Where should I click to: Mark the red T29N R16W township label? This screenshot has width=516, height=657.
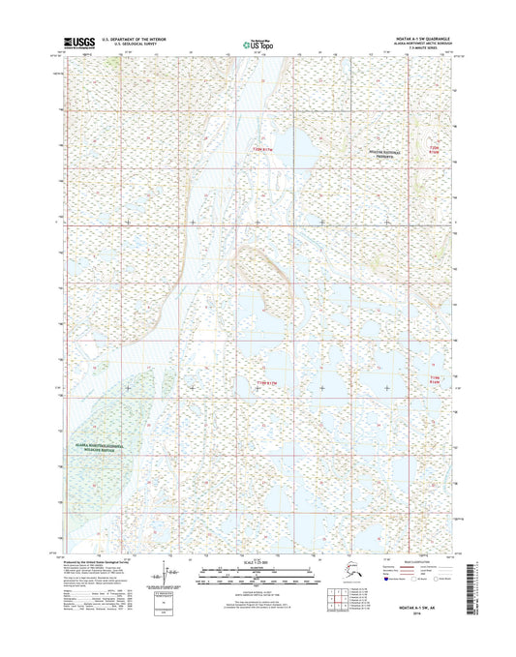[435, 379]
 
